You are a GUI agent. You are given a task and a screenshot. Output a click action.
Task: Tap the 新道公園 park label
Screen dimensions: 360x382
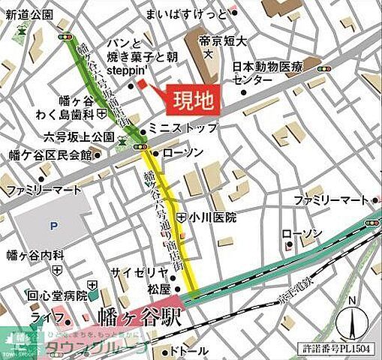tap(27, 15)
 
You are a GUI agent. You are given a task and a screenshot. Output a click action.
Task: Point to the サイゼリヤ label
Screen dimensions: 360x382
tap(134, 271)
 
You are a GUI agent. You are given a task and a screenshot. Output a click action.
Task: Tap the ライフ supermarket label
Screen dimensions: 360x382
tap(44, 318)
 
